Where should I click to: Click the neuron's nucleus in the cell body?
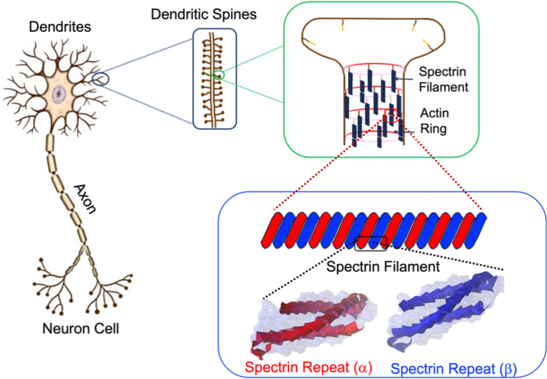click(59, 94)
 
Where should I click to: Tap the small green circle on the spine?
click(218, 74)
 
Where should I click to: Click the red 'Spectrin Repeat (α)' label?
click(303, 367)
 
